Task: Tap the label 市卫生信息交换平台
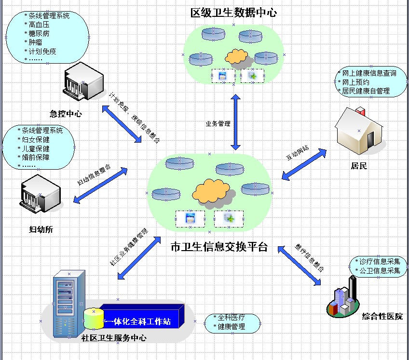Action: point(219,247)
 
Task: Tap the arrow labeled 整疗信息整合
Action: point(300,262)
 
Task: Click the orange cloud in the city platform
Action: point(211,191)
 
